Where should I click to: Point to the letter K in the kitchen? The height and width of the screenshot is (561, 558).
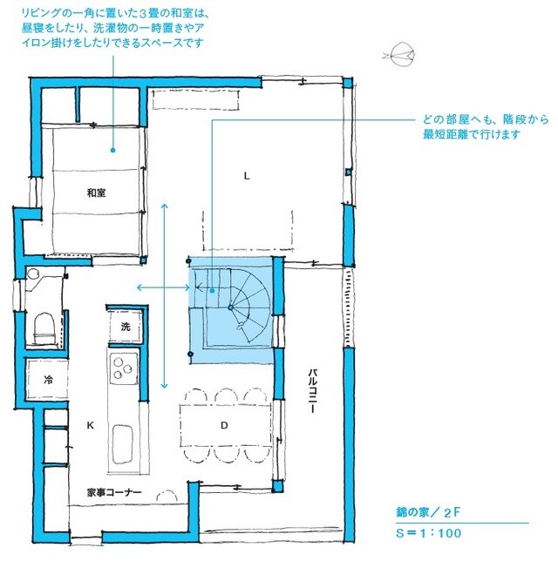(90, 426)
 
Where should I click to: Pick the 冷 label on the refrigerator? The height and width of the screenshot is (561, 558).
(48, 380)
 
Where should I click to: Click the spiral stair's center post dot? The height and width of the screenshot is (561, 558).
(229, 308)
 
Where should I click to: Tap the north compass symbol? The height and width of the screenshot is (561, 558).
(398, 57)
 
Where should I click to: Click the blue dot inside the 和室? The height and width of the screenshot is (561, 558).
(112, 150)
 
